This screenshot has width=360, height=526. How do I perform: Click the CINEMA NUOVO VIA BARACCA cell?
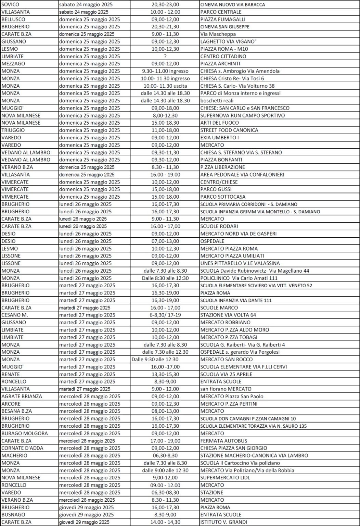coord(232,4)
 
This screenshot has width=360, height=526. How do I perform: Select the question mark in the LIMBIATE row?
coord(165,56)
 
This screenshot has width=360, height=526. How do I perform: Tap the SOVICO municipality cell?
coord(11,4)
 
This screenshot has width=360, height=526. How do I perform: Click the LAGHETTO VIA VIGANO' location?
coord(228,41)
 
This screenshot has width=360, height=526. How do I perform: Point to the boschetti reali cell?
coord(217,101)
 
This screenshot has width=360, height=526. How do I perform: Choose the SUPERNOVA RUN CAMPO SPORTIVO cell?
coord(242,115)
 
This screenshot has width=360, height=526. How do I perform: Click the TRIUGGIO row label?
coord(13,130)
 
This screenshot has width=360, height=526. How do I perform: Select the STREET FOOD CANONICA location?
coord(229,130)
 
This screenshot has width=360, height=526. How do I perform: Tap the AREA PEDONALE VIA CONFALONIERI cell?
coord(242,175)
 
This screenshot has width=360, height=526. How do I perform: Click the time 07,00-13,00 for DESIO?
coord(165,241)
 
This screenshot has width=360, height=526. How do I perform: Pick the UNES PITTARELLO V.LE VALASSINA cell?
coord(240,263)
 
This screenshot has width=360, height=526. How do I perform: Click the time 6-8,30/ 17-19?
coord(165,315)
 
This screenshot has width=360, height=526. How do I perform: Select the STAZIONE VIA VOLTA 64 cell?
coord(228,315)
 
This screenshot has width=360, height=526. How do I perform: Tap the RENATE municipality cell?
coord(11,374)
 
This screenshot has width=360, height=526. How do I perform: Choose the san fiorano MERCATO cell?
coord(226,389)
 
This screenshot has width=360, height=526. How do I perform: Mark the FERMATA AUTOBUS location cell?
coord(223,441)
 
